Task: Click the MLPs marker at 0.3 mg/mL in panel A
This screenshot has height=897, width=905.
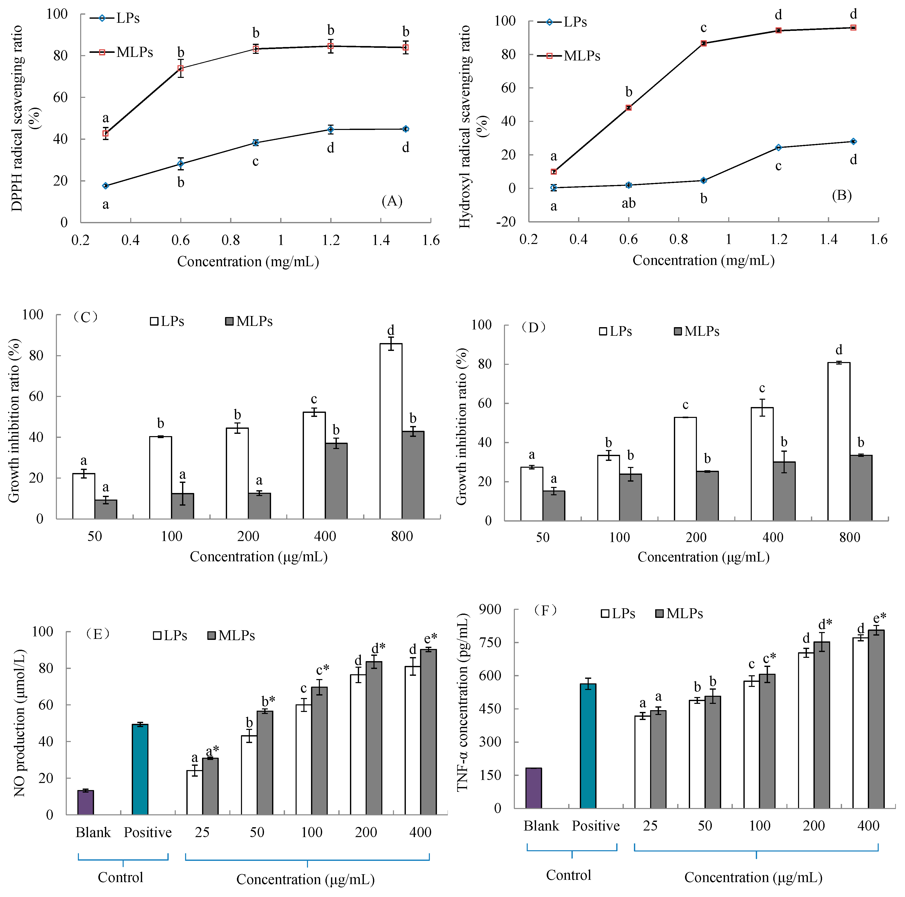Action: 106,133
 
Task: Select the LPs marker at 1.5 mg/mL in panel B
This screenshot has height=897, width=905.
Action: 853,142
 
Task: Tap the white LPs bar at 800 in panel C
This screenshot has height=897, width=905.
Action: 391,431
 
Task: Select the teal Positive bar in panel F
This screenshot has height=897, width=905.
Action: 588,746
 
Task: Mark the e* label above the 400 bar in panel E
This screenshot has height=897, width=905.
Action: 430,638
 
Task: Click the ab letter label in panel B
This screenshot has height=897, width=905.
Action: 629,203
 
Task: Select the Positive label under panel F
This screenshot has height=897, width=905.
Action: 595,825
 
